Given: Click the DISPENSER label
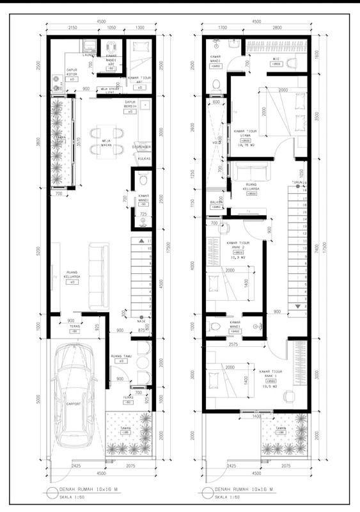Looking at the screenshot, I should coord(141,147).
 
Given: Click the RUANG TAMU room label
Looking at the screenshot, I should coord(121,356).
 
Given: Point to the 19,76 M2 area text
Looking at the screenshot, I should coord(246,145).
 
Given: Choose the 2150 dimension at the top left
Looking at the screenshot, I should coord(72,28).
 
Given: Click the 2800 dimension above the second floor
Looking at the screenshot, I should coord(277,28).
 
